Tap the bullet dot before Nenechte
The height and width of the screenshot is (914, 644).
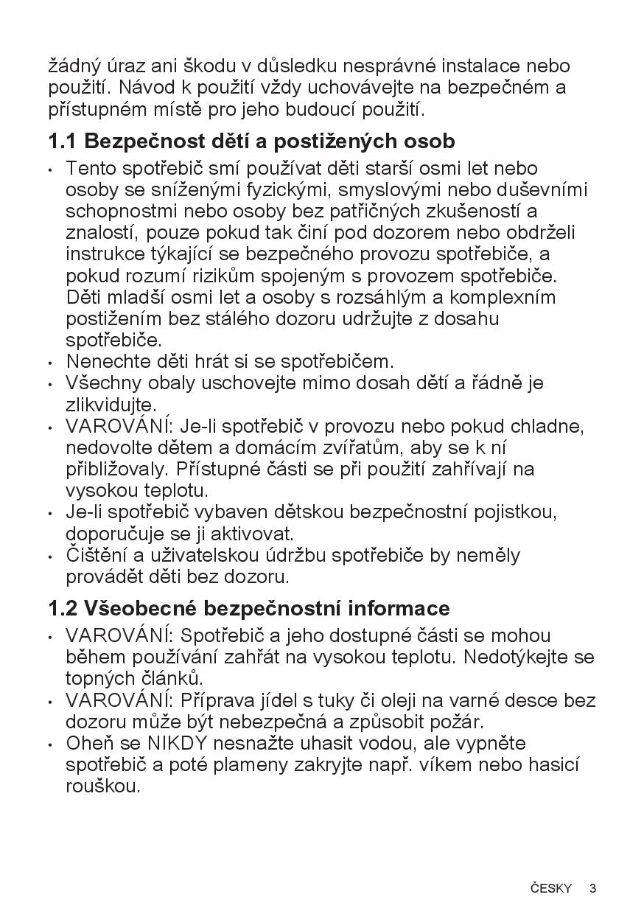(x=49, y=363)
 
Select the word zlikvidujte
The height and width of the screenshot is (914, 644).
(x=111, y=405)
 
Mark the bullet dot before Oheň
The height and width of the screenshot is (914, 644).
(x=49, y=744)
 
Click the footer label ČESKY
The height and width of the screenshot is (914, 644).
(x=550, y=888)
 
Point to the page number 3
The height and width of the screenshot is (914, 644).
(x=592, y=888)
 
